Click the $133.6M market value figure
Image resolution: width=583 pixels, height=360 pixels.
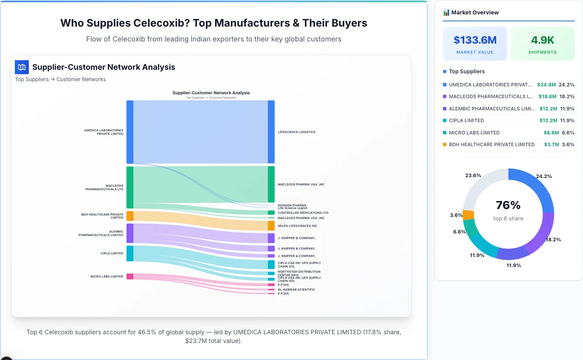point(475,40)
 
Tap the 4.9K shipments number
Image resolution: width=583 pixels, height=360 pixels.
point(542,40)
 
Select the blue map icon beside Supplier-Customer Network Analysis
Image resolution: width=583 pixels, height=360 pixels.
point(22,67)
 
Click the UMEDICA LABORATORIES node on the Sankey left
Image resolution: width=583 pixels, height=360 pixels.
point(130,132)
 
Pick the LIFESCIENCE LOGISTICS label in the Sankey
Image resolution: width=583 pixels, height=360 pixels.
point(296,132)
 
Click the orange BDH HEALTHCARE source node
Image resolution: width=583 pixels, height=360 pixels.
point(130,216)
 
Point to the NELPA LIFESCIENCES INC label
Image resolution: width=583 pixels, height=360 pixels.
point(297,226)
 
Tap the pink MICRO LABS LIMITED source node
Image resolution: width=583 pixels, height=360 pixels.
point(130,276)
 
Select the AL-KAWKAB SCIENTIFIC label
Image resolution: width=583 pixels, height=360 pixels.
point(296,289)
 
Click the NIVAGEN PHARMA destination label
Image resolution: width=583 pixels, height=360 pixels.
point(291,205)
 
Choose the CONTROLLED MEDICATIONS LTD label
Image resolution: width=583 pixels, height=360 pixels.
point(302,213)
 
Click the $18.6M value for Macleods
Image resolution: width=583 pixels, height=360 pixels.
point(547,96)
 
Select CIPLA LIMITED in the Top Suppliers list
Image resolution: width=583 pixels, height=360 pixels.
point(466,120)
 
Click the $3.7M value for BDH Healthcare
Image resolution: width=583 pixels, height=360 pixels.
point(551,144)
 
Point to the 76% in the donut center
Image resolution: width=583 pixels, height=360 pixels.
point(508,205)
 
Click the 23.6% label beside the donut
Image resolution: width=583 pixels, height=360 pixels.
point(473,175)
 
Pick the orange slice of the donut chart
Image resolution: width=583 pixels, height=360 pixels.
point(468,215)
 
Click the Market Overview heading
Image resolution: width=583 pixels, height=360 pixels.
point(475,13)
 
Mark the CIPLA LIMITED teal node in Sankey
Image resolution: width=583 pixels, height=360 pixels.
point(130,254)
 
